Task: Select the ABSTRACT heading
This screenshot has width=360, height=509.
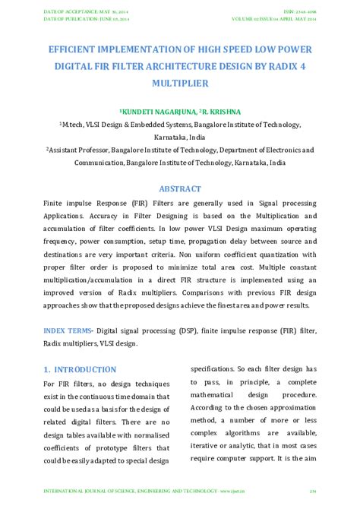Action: (180, 188)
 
